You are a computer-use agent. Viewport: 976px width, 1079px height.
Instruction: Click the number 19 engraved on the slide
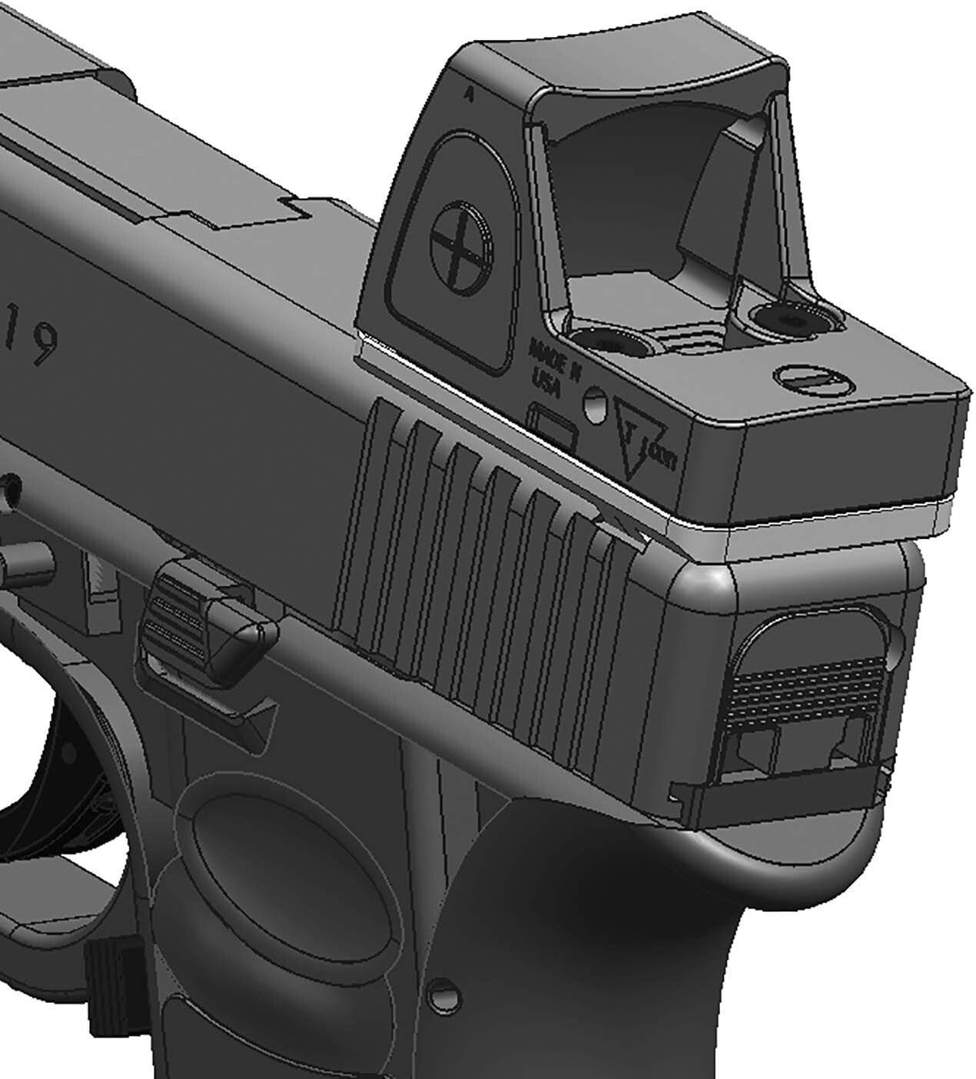[31, 336]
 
